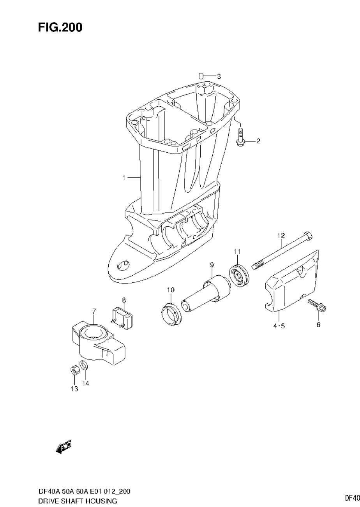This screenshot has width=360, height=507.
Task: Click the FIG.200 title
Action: point(60,28)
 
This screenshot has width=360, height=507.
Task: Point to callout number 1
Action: point(124,178)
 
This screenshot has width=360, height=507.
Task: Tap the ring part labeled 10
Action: point(170,312)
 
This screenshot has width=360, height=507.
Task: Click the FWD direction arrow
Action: point(64,447)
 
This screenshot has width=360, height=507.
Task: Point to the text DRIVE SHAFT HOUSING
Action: point(78,500)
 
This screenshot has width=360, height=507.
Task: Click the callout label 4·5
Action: point(279,326)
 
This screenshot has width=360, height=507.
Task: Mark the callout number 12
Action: point(281,236)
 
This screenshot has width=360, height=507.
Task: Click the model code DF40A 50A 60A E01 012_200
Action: point(84,491)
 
